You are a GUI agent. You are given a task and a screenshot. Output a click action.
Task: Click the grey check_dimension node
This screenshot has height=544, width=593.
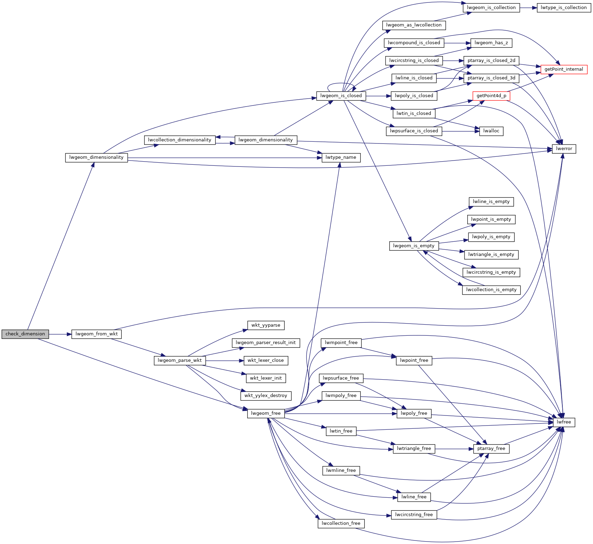point(25,334)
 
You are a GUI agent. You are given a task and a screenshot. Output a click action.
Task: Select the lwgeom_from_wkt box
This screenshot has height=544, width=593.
point(96,334)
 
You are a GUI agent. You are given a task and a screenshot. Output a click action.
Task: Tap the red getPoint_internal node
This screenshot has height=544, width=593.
point(564,69)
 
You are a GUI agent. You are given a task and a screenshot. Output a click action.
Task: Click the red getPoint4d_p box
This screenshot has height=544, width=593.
point(491,96)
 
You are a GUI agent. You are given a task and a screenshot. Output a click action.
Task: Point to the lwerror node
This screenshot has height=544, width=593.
point(564,149)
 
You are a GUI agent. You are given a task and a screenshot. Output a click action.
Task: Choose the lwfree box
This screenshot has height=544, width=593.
point(564,422)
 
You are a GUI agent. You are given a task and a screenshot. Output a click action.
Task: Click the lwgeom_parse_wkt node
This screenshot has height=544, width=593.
point(180,360)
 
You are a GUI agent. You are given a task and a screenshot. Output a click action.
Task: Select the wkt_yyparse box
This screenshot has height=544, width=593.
point(266,325)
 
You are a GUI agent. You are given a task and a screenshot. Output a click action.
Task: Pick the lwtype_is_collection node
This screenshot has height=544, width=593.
point(564,8)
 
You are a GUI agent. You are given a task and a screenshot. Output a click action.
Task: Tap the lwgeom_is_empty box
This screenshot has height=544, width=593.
point(414,246)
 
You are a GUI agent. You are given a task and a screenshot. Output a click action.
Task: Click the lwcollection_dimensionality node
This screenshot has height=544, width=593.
point(180,140)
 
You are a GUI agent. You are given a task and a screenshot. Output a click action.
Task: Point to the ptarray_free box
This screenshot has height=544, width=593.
point(491,449)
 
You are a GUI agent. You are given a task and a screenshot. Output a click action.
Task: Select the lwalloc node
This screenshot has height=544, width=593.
point(491,131)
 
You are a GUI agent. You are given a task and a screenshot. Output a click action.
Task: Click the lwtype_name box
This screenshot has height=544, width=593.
point(341,157)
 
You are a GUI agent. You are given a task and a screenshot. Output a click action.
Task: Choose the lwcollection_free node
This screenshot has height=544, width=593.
point(341,523)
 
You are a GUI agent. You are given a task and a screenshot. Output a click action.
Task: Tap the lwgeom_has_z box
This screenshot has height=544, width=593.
point(491,43)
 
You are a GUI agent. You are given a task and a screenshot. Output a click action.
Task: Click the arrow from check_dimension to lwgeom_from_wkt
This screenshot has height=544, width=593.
point(60,334)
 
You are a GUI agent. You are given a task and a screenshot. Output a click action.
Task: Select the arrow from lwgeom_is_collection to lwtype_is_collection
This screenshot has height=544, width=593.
point(529,8)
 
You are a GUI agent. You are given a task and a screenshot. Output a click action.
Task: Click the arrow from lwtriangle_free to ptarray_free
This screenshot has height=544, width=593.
point(454,449)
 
